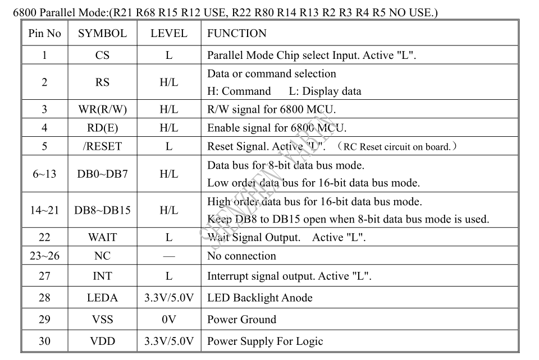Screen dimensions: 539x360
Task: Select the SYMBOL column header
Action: pyautogui.click(x=102, y=33)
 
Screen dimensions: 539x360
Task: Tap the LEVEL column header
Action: pyautogui.click(x=169, y=33)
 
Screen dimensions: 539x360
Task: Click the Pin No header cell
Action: pyautogui.click(x=45, y=33)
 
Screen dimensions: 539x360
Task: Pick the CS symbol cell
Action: pyautogui.click(x=102, y=56)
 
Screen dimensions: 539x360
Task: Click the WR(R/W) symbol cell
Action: pyautogui.click(x=102, y=109)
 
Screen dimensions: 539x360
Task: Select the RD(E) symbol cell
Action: pyautogui.click(x=102, y=128)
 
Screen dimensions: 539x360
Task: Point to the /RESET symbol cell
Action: pyautogui.click(x=102, y=146)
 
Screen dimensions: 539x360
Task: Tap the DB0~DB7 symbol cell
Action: pyautogui.click(x=102, y=174)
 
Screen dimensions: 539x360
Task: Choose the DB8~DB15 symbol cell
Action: pyautogui.click(x=102, y=210)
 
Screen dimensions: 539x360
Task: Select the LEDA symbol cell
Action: pyautogui.click(x=102, y=298)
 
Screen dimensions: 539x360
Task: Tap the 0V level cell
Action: pyautogui.click(x=169, y=320)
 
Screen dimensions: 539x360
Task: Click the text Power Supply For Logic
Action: pyautogui.click(x=265, y=341)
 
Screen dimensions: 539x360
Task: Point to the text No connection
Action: pyautogui.click(x=241, y=256)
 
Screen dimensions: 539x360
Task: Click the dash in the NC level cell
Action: pyautogui.click(x=169, y=256)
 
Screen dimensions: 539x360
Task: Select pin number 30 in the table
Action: pyautogui.click(x=45, y=341)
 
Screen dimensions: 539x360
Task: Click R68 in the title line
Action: pyautogui.click(x=145, y=13)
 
